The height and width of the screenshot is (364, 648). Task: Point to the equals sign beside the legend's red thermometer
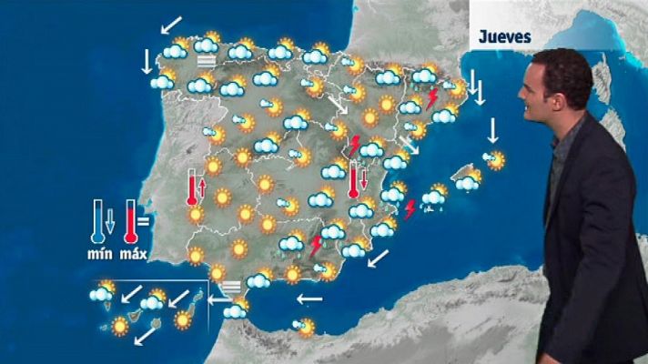[x=144, y=218]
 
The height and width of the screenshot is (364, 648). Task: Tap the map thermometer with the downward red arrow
[x=353, y=179]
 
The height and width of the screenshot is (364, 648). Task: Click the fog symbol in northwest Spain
[x=206, y=62]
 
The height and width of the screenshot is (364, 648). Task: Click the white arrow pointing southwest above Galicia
[x=169, y=25]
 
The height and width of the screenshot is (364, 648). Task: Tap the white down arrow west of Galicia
[x=147, y=61]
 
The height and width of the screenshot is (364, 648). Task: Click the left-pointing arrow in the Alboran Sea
[x=309, y=298]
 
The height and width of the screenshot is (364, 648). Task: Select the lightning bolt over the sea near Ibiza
[x=410, y=209]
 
